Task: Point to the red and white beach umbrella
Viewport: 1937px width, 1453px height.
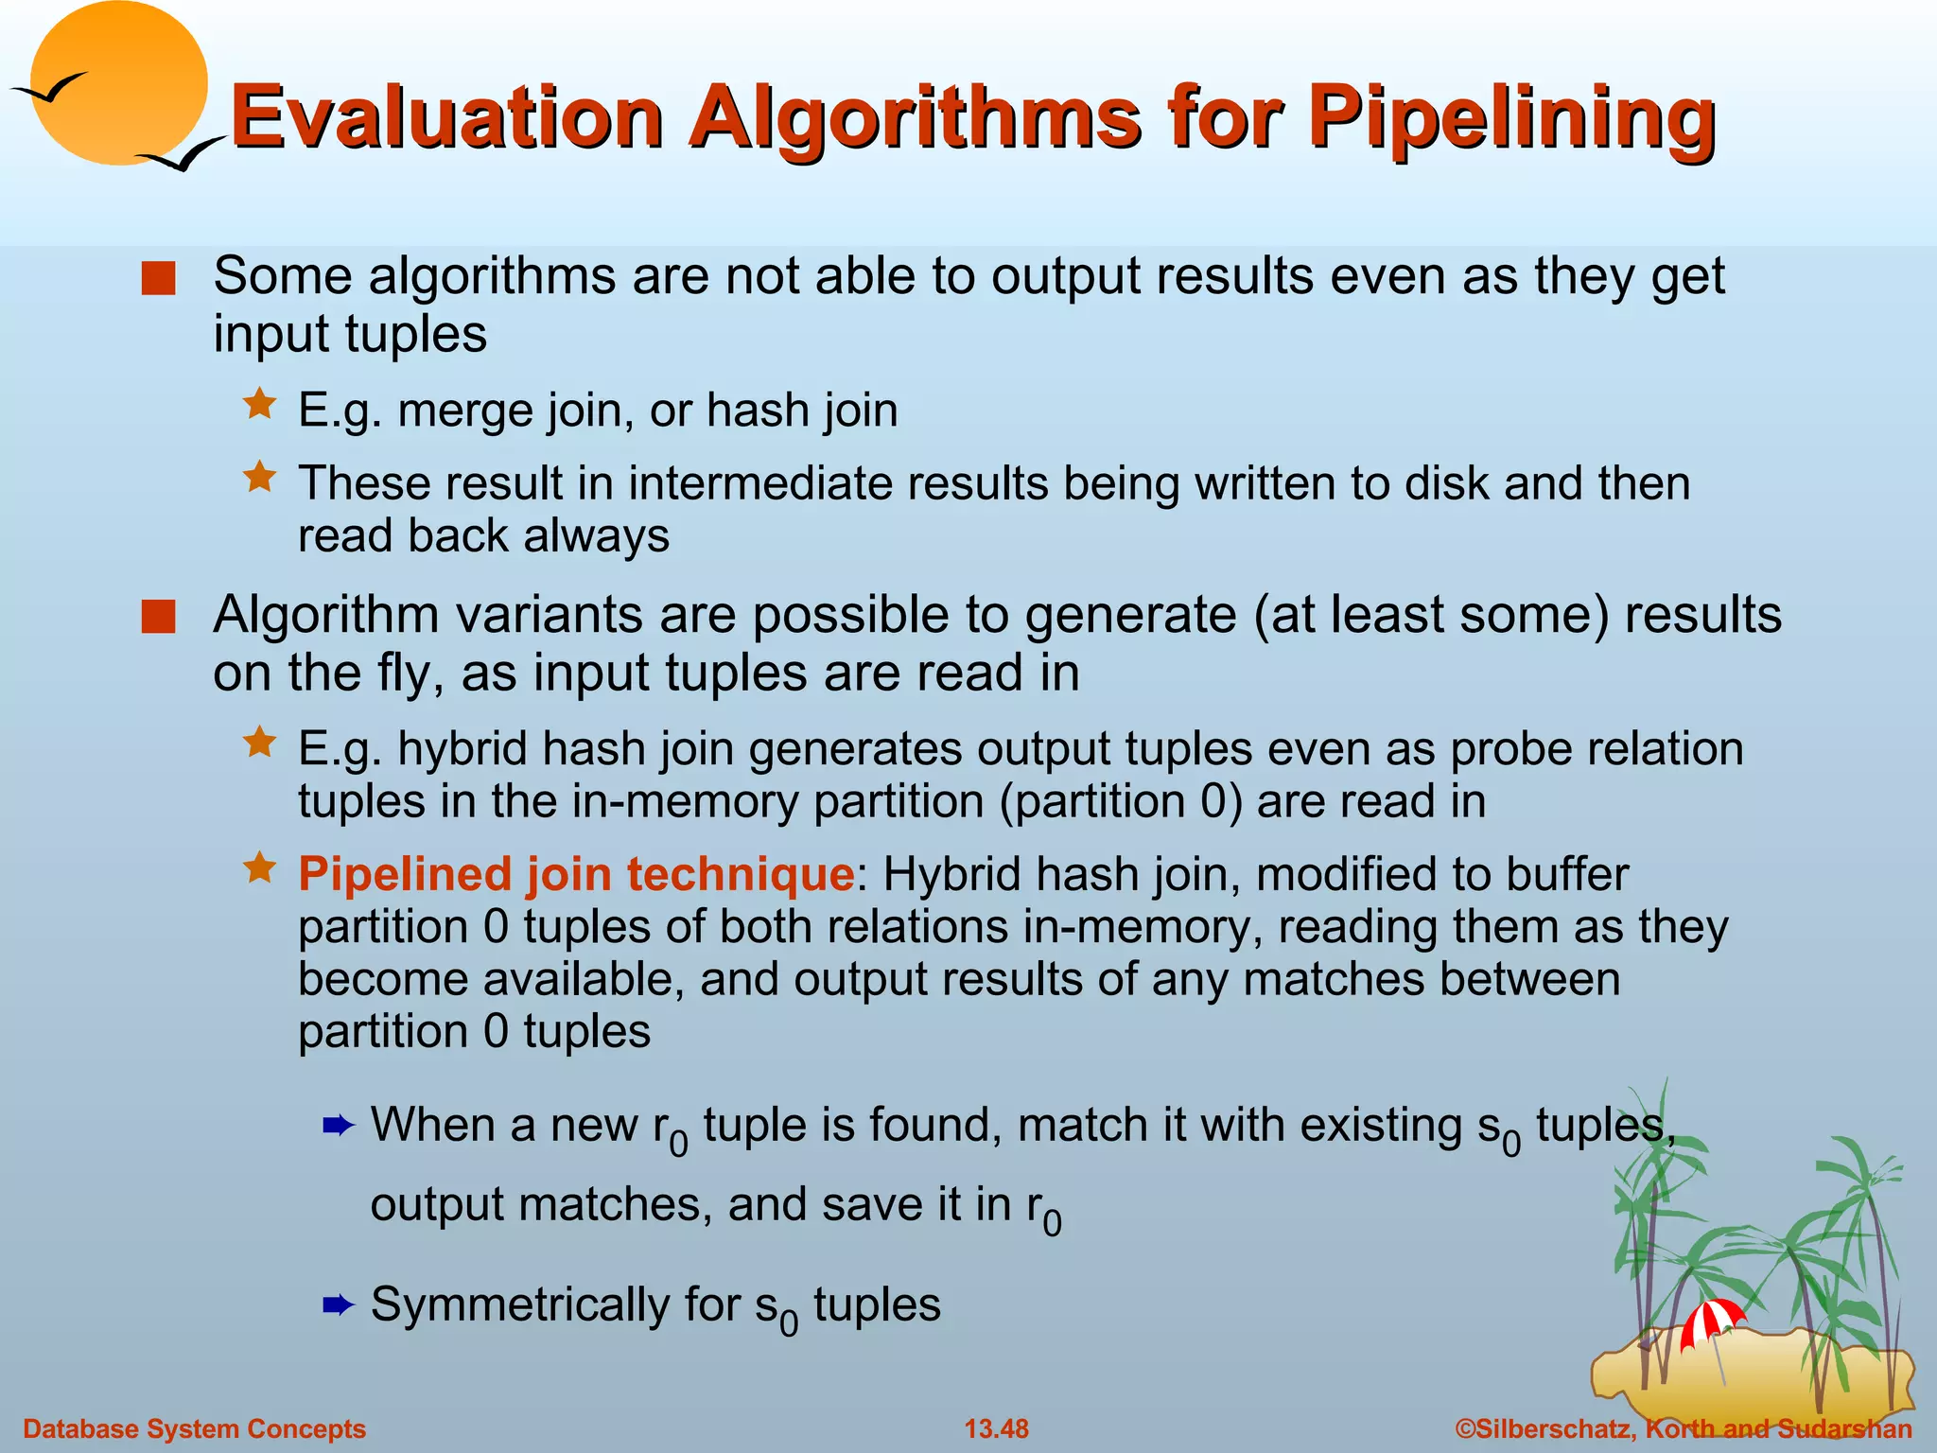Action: click(1712, 1320)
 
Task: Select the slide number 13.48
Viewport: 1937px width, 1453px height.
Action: click(996, 1428)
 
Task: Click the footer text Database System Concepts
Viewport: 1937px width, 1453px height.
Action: click(194, 1428)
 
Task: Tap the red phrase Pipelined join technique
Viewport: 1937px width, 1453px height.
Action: click(576, 873)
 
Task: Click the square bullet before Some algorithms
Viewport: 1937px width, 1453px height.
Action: click(158, 279)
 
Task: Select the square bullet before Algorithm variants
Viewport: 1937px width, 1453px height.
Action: click(158, 617)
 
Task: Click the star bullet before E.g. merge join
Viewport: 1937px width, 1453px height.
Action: click(259, 405)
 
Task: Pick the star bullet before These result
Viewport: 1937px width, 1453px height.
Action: click(259, 477)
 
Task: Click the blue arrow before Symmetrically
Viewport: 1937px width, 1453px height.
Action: click(338, 1306)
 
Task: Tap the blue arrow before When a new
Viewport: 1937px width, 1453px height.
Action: click(338, 1126)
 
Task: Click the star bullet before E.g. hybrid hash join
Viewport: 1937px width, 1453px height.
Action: click(259, 743)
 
